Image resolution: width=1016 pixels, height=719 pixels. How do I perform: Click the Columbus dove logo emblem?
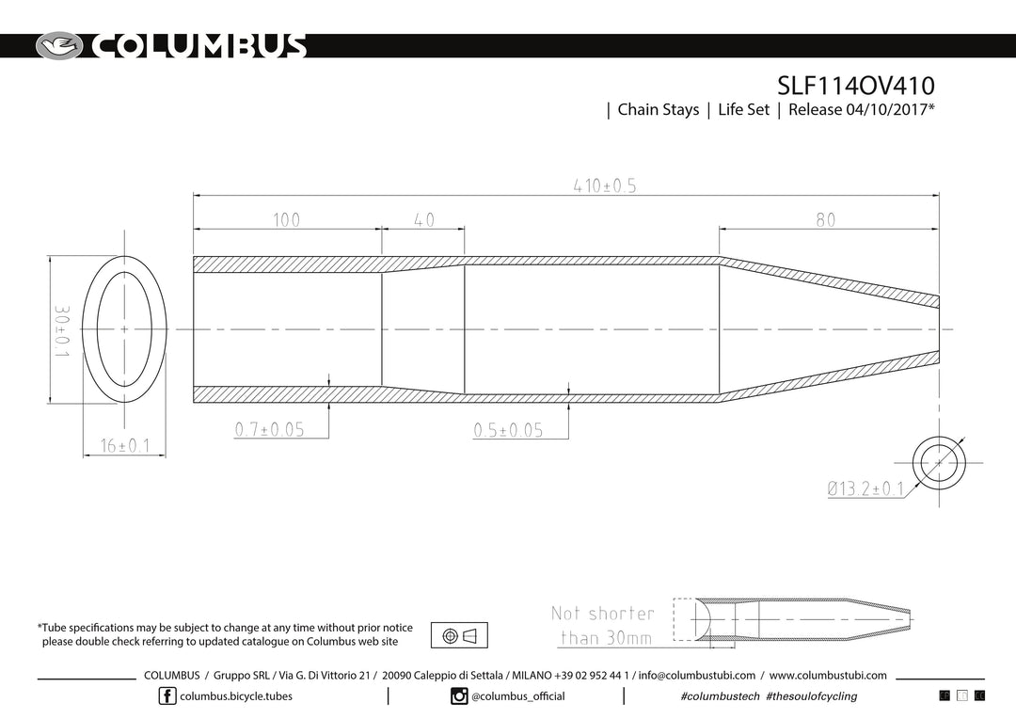(x=59, y=46)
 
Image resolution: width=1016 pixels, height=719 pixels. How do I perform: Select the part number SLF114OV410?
(x=856, y=86)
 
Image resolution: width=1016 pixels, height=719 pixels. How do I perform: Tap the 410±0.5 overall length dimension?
(x=605, y=186)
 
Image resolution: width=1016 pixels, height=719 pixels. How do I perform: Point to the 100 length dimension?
(x=286, y=220)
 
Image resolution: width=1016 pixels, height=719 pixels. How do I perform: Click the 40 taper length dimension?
(x=423, y=220)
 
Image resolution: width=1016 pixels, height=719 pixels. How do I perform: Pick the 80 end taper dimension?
(x=826, y=220)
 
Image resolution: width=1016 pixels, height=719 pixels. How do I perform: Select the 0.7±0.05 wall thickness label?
(x=270, y=429)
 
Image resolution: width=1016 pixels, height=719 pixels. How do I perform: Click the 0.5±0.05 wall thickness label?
(x=509, y=430)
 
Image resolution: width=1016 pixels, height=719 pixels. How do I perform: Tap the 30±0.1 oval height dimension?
(x=61, y=332)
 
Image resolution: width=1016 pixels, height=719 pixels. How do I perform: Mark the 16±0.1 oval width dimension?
(x=125, y=445)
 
